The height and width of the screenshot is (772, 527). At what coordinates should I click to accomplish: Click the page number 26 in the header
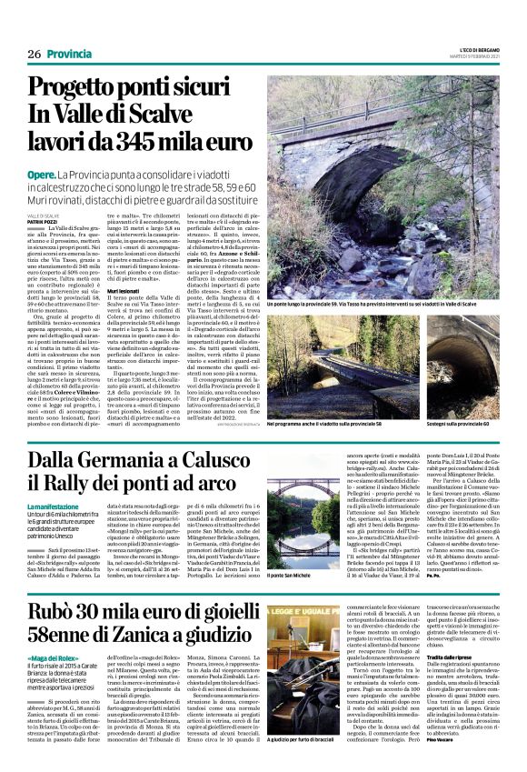pyautogui.click(x=35, y=54)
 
